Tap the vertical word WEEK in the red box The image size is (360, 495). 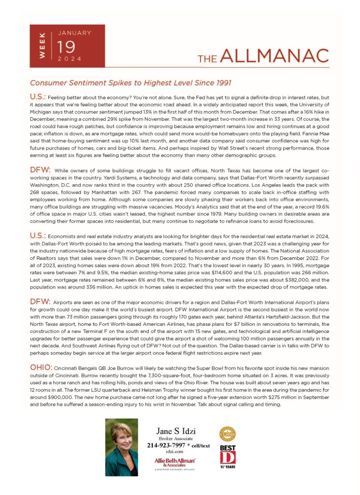point(42,46)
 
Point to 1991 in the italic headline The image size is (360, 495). point(222,83)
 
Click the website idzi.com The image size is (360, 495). point(166,451)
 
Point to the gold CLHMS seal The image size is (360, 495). point(228,434)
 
